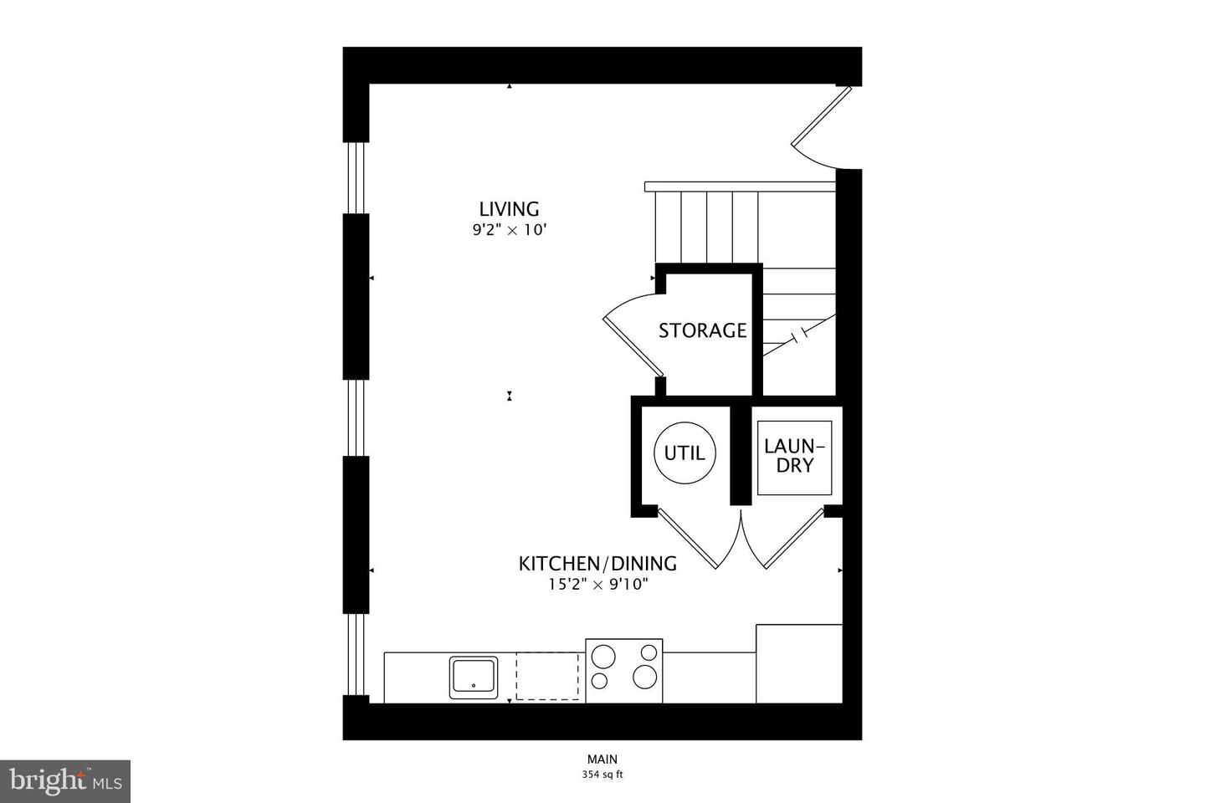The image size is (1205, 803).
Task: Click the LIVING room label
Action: tap(509, 208)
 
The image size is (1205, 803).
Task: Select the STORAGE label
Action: tap(702, 330)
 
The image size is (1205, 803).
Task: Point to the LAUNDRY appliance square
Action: tap(795, 457)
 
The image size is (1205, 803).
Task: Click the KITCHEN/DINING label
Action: tap(597, 563)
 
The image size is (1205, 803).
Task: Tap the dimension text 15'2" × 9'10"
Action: tap(597, 585)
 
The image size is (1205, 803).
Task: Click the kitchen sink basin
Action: tap(474, 677)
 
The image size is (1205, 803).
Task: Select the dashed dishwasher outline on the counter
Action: tap(549, 676)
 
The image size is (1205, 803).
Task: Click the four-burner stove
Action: tap(624, 671)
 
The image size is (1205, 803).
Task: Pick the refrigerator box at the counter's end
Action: tap(798, 663)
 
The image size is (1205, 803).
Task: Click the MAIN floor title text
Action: tap(602, 760)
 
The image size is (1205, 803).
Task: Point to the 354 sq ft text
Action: tap(602, 775)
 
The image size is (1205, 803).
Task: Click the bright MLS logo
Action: tap(65, 781)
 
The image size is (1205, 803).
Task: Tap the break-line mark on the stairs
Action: tap(801, 335)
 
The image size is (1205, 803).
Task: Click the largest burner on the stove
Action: tap(644, 677)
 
